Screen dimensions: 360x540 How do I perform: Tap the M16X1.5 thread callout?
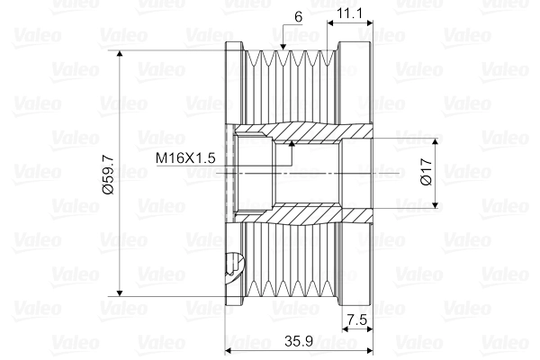point(185,157)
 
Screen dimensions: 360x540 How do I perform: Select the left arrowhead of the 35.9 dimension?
point(228,351)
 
